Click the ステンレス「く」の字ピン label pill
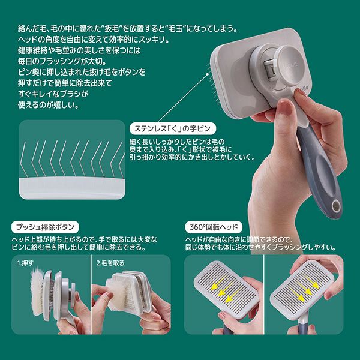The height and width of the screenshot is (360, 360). (x=173, y=128)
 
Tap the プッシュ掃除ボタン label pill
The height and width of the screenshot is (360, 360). (x=45, y=227)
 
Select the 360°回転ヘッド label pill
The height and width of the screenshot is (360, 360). (x=214, y=227)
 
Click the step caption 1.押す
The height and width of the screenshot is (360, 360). (x=25, y=263)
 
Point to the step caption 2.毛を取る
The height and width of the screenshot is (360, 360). (x=110, y=263)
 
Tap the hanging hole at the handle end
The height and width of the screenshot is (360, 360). (x=335, y=205)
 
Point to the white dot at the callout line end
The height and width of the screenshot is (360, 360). (x=208, y=74)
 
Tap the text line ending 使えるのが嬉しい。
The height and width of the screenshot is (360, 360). (x=48, y=106)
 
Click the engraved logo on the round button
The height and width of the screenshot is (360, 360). (x=292, y=64)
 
